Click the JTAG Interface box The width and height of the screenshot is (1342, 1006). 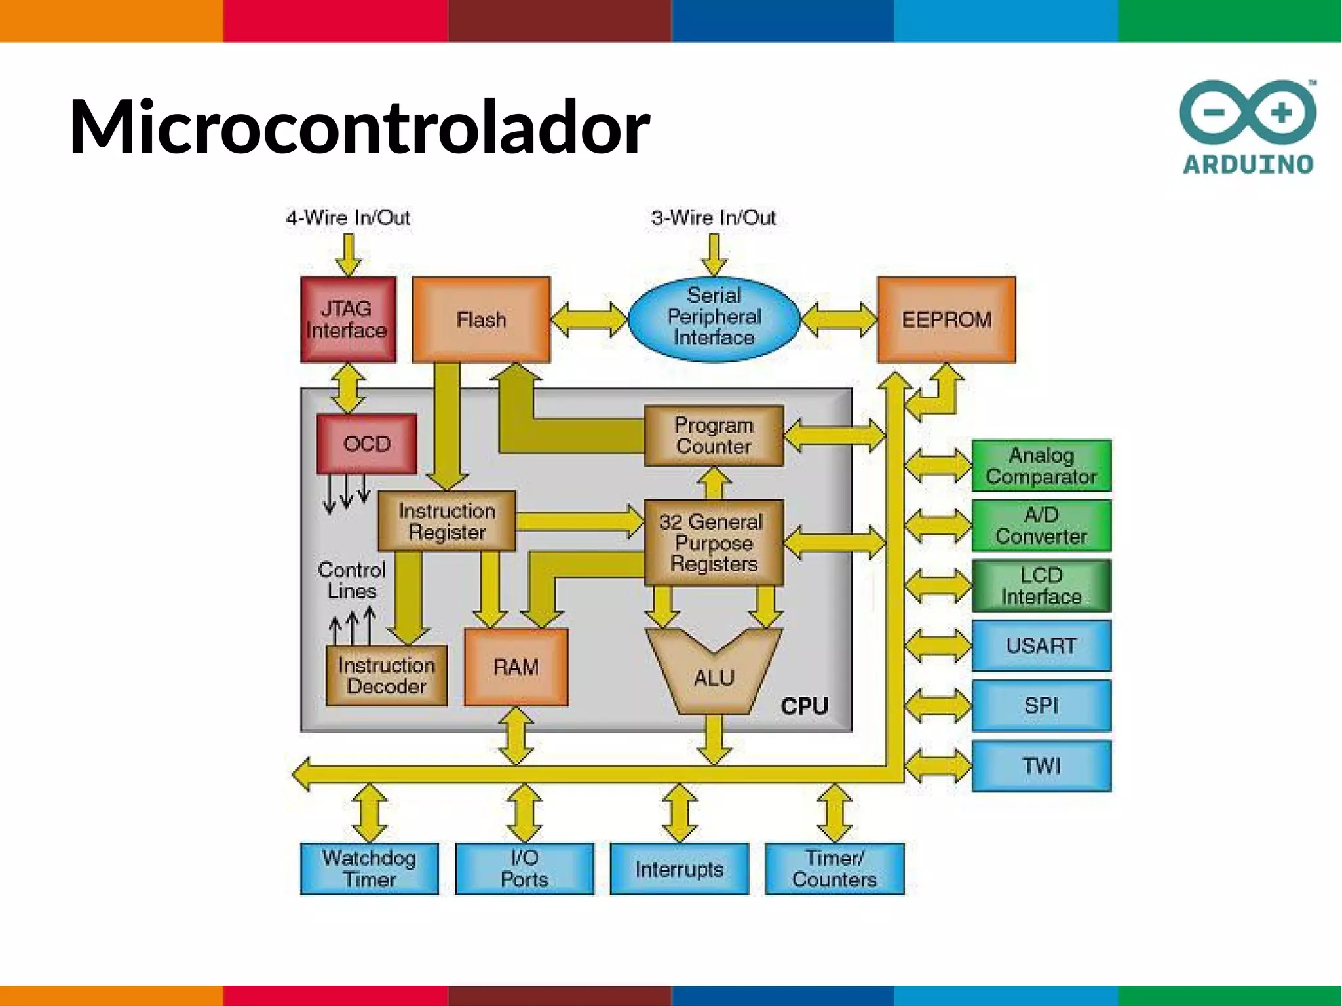348,319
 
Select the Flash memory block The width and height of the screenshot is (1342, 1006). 481,319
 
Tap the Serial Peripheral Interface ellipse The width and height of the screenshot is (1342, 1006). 714,317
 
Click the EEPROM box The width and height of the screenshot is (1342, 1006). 946,319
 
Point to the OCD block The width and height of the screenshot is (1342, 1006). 367,444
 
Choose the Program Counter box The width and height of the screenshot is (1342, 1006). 714,436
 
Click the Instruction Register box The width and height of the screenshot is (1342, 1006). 447,521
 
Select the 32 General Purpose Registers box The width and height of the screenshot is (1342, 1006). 714,543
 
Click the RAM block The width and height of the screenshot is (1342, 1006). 516,667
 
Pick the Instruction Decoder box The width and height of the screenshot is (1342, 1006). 387,676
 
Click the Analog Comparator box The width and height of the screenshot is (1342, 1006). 1041,465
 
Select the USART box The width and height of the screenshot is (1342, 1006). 1041,646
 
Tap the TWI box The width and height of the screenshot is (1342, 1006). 1041,765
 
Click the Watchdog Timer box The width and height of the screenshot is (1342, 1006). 369,868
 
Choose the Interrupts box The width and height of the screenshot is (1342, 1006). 679,868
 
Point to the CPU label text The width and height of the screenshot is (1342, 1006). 804,706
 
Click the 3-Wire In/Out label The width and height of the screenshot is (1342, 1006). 714,218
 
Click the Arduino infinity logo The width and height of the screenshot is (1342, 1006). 1248,113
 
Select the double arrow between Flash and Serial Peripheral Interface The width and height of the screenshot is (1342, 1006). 589,319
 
